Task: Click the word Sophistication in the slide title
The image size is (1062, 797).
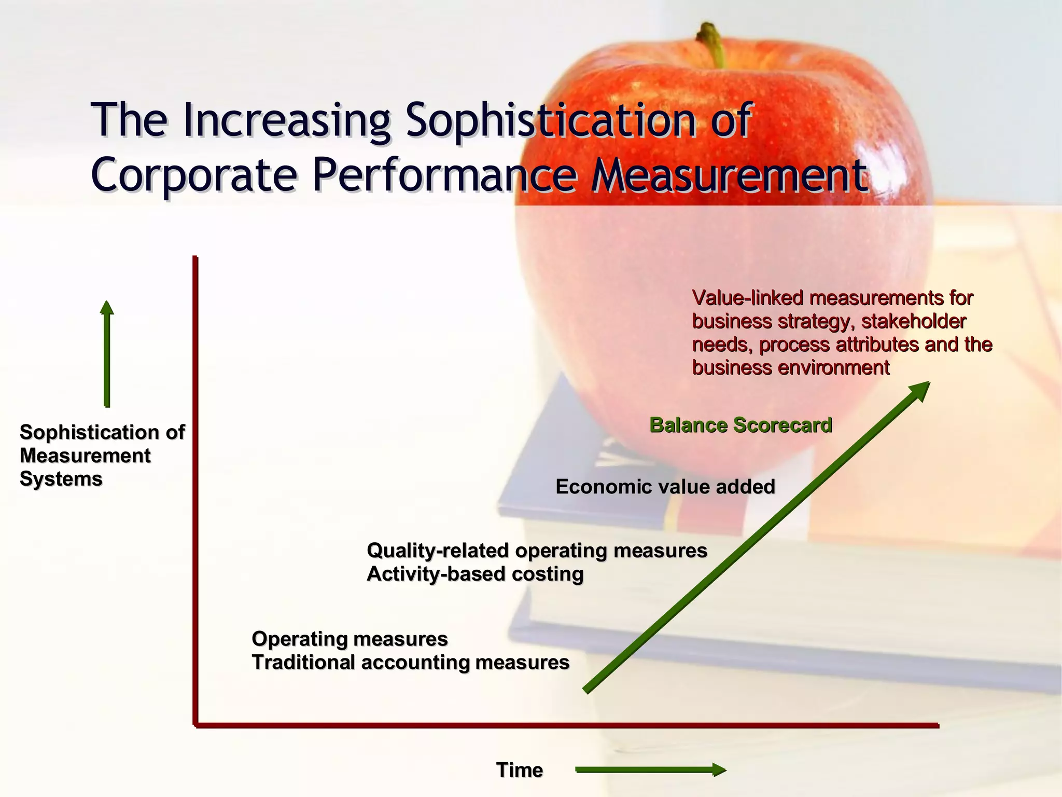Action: coord(550,120)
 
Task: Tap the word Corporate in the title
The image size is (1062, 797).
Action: coord(194,175)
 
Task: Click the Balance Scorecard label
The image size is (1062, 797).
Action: coord(741,425)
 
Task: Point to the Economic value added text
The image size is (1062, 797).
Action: coord(665,487)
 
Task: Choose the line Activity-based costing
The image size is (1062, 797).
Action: coord(475,574)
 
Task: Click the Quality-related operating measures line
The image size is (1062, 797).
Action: coord(537,551)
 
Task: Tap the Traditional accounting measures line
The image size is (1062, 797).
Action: coord(411,663)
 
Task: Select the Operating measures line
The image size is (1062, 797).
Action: coord(350,639)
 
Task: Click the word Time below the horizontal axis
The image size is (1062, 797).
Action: coord(520,770)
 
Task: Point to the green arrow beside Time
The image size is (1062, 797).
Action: coord(651,770)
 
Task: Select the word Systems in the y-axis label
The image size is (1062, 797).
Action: coord(61,479)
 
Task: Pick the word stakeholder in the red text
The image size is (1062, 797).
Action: coord(914,322)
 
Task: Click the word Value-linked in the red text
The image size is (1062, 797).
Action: coord(746,298)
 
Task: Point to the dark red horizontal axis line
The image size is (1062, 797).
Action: coord(565,725)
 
